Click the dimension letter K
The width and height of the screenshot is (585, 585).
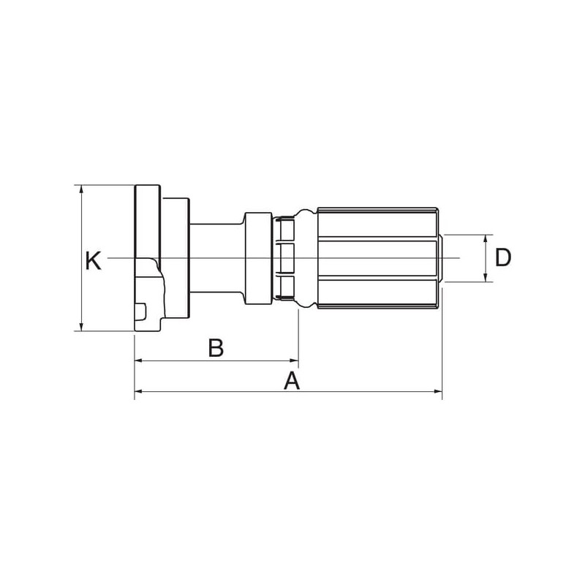pos(93,261)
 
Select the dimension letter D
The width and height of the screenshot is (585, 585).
pos(502,257)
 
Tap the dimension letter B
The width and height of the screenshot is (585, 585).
pos(216,347)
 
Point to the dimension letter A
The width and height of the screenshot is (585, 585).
pos(292,380)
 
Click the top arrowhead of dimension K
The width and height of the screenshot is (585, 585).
pos(81,189)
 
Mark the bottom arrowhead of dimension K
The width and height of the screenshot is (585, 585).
pos(81,326)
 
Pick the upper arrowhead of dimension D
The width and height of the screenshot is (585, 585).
pos(486,239)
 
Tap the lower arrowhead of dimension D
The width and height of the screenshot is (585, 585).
pos(486,277)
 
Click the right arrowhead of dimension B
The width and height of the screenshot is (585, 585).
pos(295,361)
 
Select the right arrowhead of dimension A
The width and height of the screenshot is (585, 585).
pos(437,391)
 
